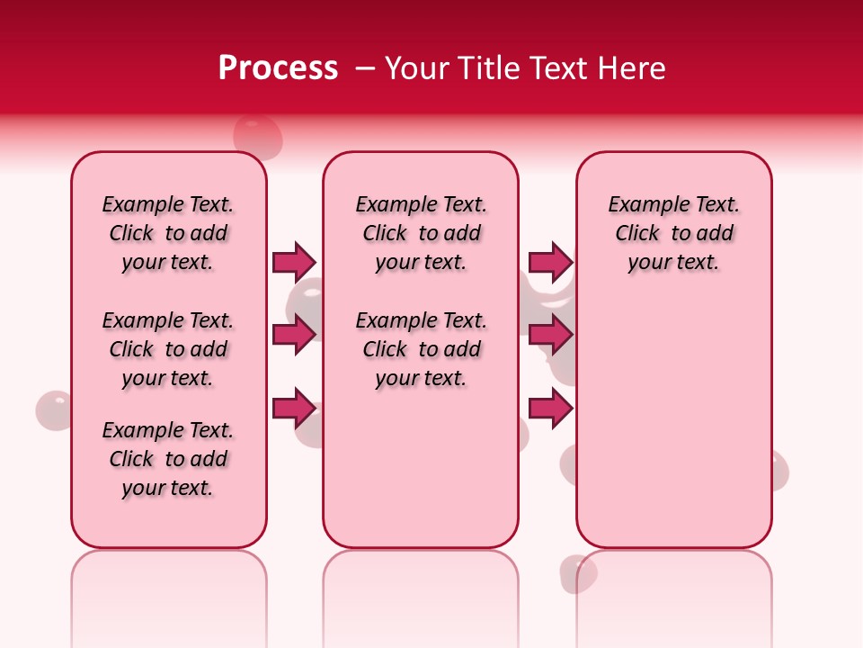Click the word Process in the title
278,68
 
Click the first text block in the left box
168,233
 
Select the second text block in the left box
168,349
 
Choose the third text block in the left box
168,459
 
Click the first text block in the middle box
421,233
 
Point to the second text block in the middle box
421,349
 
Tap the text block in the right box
673,233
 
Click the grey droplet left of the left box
53,410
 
